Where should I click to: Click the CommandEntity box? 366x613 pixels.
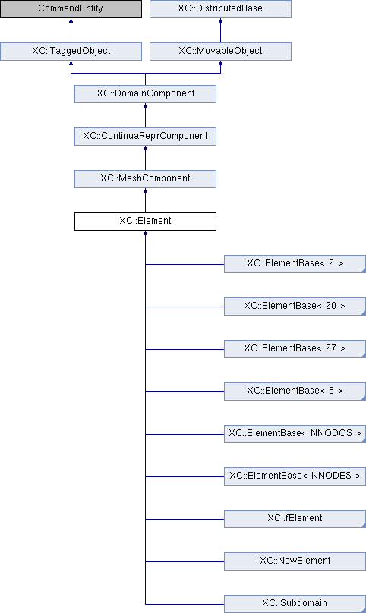point(71,8)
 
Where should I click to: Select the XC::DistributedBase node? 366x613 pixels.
point(220,8)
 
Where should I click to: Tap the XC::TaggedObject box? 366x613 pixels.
point(71,52)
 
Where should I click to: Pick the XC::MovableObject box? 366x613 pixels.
point(220,52)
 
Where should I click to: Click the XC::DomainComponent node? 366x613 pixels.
point(145,94)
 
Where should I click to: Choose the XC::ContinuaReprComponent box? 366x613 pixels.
point(145,137)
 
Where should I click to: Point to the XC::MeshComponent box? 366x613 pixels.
point(145,178)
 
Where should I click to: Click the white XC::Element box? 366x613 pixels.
point(145,222)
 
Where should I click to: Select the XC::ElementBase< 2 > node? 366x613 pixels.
point(295,264)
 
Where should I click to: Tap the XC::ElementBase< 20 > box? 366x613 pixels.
point(295,306)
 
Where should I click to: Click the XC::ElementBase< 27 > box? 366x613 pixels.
point(295,349)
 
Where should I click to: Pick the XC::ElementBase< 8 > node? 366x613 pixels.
point(295,391)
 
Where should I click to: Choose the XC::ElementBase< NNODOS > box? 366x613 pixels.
point(295,434)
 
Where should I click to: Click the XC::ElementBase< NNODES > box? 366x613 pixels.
point(295,476)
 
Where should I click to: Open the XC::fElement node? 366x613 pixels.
point(295,519)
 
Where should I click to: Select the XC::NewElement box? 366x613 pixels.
point(295,561)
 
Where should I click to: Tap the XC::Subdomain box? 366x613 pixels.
point(295,604)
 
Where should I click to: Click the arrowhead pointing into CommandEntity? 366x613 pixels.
point(71,20)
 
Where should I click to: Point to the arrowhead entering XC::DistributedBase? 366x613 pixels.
point(220,20)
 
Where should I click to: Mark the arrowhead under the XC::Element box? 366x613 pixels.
point(145,233)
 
